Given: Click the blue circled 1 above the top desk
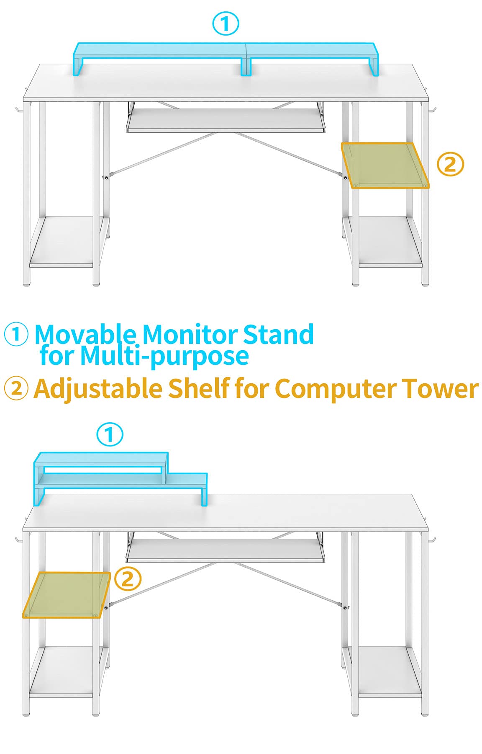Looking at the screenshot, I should [x=226, y=24].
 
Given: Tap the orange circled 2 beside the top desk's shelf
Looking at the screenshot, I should [x=450, y=164].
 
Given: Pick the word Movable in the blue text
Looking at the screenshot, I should [x=85, y=335].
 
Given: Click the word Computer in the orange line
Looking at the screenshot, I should [x=335, y=388].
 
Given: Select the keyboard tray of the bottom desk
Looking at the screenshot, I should [x=226, y=550].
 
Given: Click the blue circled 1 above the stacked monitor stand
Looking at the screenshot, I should [x=110, y=434].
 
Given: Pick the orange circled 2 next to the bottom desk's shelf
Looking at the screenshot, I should [x=128, y=579].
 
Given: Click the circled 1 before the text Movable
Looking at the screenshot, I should [x=16, y=334].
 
